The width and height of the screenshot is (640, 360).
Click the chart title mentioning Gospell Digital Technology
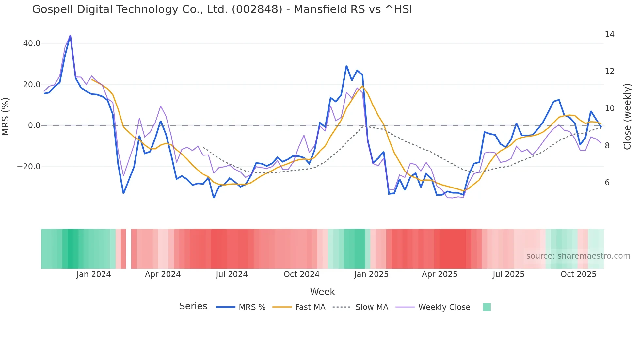222,9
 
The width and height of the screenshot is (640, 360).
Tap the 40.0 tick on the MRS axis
32,43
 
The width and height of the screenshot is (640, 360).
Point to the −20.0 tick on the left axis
29,167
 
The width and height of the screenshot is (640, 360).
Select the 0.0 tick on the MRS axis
34,125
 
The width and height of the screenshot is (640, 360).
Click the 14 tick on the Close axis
609,34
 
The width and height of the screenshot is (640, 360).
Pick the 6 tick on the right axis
607,183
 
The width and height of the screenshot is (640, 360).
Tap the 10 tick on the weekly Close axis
609,108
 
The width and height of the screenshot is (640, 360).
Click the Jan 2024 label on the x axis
94,274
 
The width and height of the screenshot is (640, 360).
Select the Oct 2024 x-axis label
301,274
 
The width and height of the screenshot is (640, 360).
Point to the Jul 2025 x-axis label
508,274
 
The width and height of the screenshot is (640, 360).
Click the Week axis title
322,292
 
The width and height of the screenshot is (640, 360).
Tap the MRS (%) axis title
6,116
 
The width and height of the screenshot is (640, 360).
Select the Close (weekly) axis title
627,117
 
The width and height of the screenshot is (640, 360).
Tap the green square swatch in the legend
487,307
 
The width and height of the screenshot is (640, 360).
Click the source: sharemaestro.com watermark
578,256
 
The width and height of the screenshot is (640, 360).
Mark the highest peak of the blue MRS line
70,36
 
